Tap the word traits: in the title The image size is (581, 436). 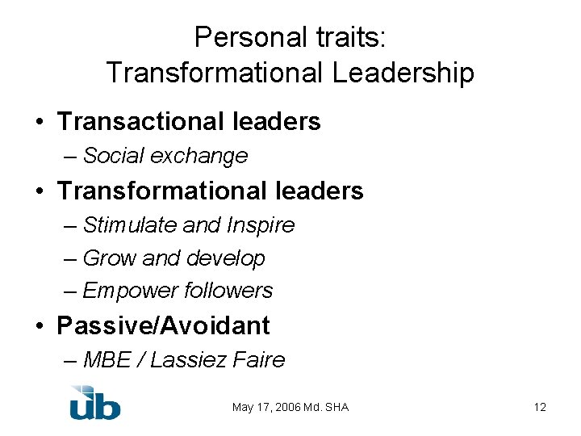(x=350, y=37)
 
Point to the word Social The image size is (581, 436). (x=112, y=156)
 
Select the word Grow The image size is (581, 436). (x=110, y=258)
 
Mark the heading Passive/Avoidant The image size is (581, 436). (x=163, y=326)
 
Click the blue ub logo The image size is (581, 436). (x=94, y=403)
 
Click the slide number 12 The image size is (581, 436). (x=540, y=408)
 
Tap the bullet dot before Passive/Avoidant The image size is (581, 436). (x=40, y=327)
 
